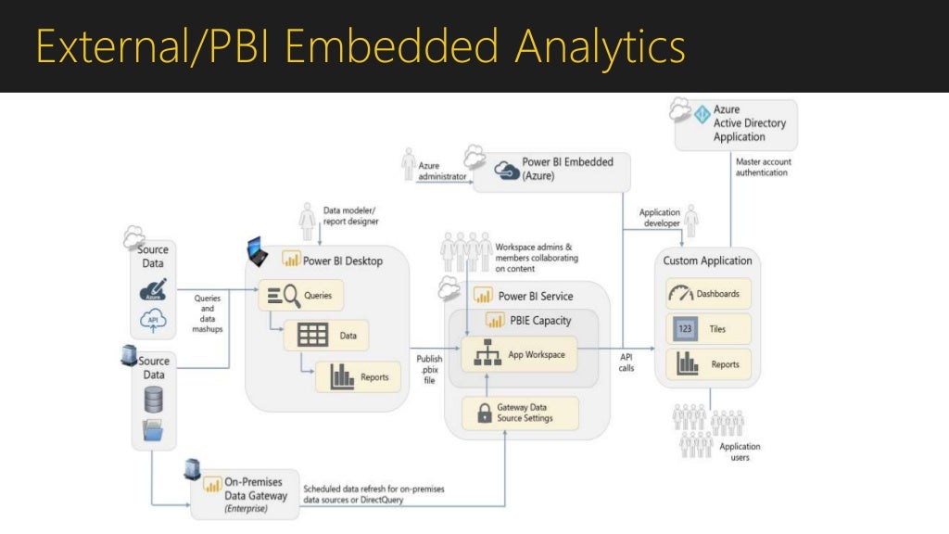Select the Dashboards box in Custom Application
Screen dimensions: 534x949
coord(708,294)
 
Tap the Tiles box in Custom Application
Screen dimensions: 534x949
coord(708,328)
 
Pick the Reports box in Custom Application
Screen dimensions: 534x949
coord(708,364)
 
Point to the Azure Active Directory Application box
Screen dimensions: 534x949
coord(736,123)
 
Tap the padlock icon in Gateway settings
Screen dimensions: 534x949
coord(483,413)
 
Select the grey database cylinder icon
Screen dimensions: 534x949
coord(154,399)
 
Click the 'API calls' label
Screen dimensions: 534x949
coord(627,362)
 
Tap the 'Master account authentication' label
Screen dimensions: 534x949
coord(763,167)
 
